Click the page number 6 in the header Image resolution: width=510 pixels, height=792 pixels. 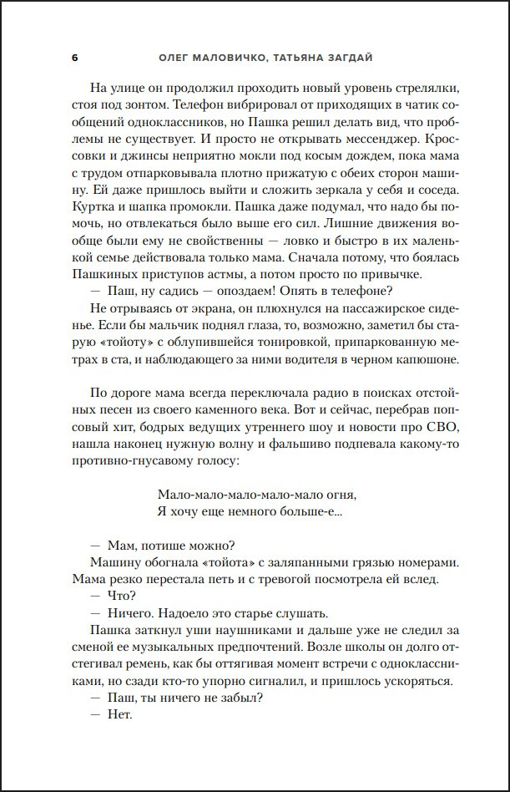(x=74, y=57)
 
